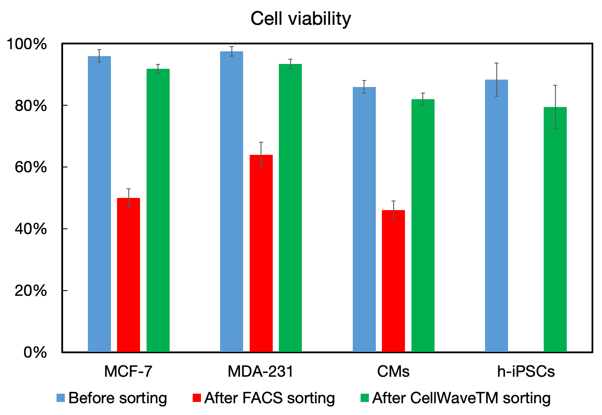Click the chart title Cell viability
tap(301, 19)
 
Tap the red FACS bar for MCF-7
tap(129, 274)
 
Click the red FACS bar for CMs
tap(393, 281)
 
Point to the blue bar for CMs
tap(364, 219)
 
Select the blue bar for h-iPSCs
tap(496, 215)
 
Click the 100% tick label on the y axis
tap(27, 44)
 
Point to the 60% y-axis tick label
tap(30, 167)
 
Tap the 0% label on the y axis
tap(35, 352)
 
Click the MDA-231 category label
tap(261, 371)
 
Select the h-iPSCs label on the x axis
tap(525, 371)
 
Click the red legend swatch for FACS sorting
tap(197, 398)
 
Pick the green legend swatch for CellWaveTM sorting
tap(365, 398)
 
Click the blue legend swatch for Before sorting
tap(61, 398)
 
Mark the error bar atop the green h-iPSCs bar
tap(555, 107)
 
